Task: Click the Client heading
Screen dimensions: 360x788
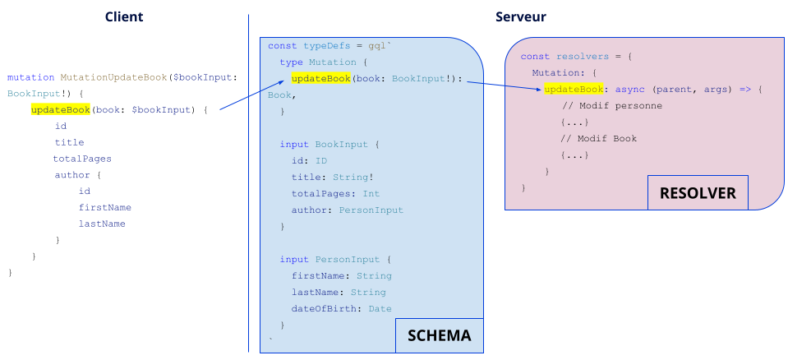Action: (125, 17)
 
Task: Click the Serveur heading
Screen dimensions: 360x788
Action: (520, 17)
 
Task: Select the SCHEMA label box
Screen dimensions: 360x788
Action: (439, 335)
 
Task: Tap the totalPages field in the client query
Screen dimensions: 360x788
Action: (82, 159)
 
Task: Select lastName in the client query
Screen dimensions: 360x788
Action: (102, 224)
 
